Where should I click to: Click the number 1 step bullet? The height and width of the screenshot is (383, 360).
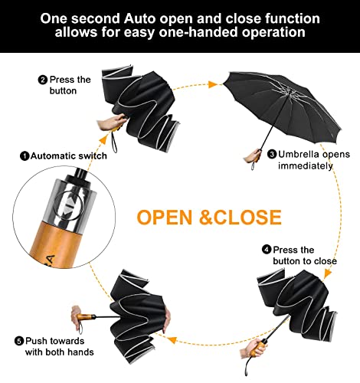tap(25, 155)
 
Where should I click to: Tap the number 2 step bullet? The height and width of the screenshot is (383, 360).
tap(43, 80)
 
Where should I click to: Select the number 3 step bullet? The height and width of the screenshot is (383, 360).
tap(272, 154)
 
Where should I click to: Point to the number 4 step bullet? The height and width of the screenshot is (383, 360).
tap(267, 250)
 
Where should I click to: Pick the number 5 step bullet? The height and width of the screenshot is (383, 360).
tap(19, 341)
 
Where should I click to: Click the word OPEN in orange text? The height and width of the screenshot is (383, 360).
tap(165, 218)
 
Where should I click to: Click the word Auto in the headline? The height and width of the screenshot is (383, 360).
tap(139, 18)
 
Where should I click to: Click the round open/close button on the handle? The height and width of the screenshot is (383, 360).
tap(68, 205)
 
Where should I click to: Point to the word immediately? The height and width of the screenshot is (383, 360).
tap(306, 166)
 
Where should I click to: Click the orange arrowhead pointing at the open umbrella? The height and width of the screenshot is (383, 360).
tap(212, 84)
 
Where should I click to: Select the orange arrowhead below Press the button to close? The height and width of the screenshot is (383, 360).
tap(327, 273)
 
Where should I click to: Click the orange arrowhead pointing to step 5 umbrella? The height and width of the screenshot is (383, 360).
tap(172, 340)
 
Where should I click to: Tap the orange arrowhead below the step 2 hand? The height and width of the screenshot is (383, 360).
tap(104, 139)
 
